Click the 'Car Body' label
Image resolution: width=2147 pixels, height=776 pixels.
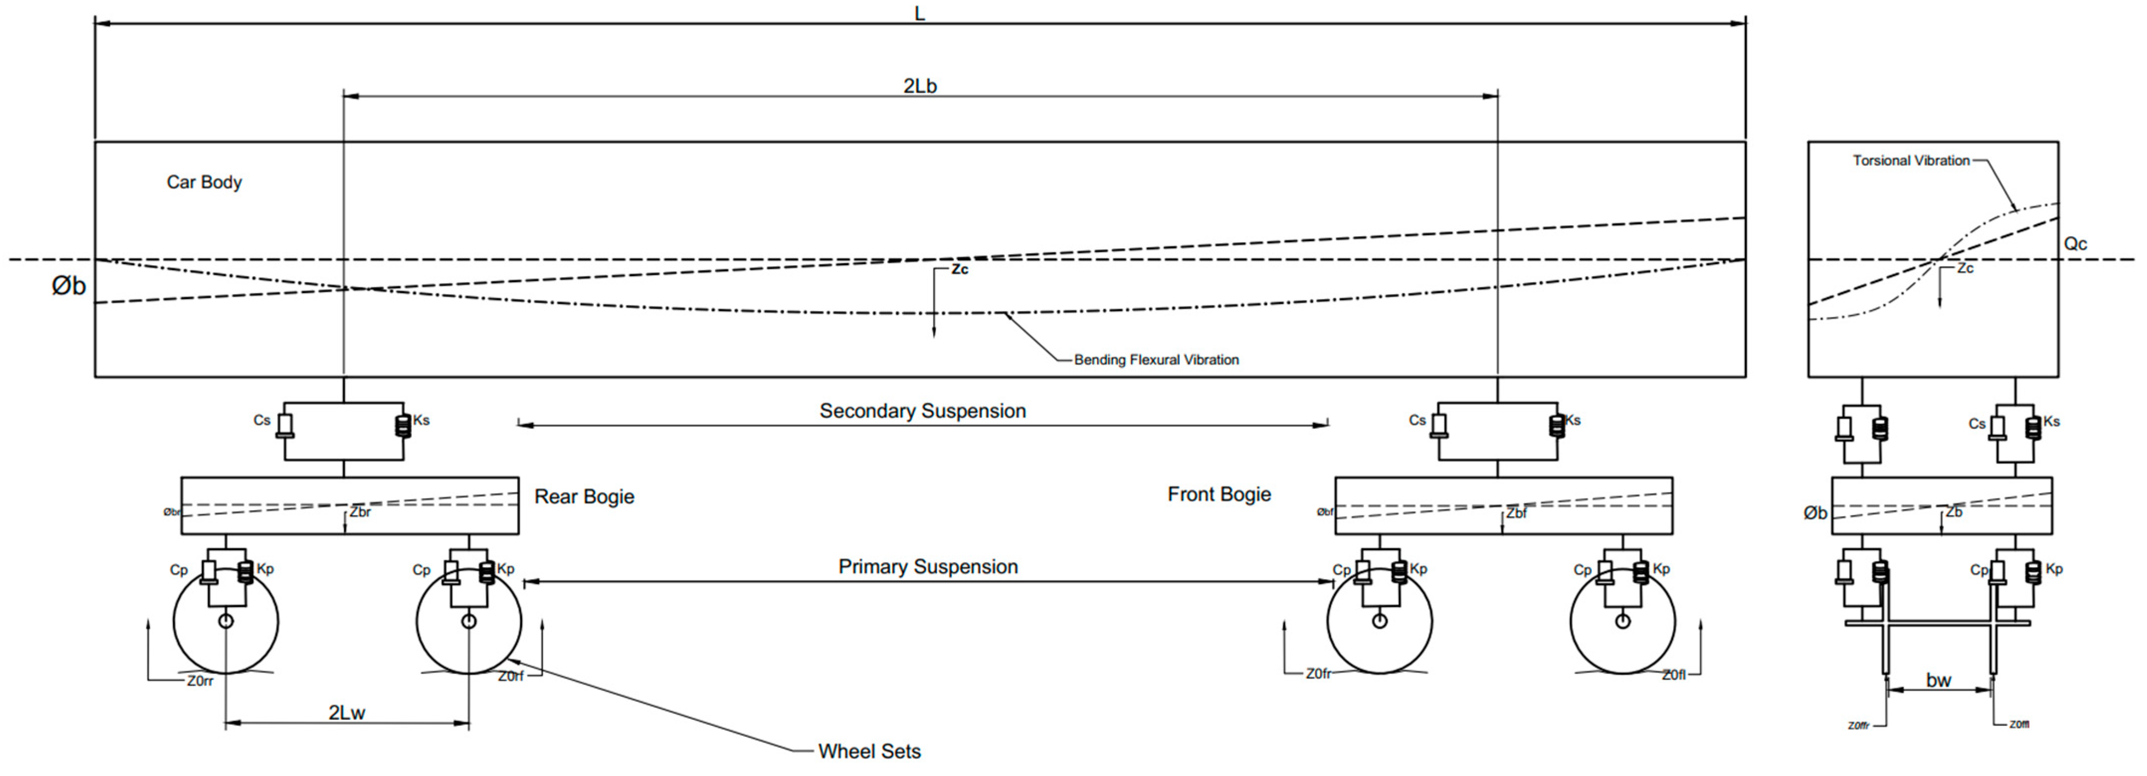pos(204,182)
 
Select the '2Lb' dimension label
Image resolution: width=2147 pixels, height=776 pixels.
pos(920,86)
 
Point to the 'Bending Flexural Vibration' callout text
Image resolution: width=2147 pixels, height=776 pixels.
pos(1156,359)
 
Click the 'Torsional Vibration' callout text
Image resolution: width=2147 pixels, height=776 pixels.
pos(1910,160)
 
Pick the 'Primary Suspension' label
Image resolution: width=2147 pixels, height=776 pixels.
pos(928,566)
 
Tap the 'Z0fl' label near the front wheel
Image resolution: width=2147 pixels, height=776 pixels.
pos(1674,675)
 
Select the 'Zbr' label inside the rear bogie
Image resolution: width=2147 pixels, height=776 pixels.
pos(360,512)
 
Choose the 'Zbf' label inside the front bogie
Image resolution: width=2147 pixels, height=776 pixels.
pos(1516,513)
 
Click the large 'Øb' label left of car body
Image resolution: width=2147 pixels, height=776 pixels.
pos(68,286)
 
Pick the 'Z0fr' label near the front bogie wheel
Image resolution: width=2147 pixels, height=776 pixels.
pos(1318,674)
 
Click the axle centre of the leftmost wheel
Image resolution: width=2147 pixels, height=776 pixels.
pos(226,621)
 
